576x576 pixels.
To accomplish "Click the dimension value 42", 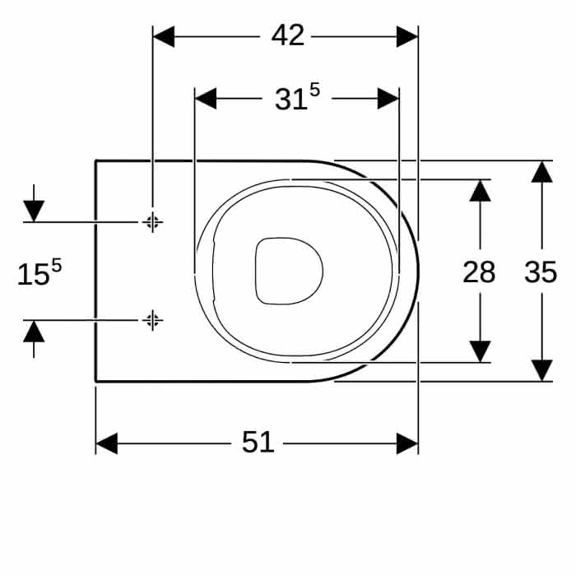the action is coord(288,35).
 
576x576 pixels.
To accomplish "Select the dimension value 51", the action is coord(258,442).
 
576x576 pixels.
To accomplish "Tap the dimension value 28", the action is coord(479,272).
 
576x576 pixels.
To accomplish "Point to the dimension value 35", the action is coord(541,272).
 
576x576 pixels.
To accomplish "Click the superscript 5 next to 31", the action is coord(315,90).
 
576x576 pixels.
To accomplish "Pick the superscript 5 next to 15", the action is coord(56,265).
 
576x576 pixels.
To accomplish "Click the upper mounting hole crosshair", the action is coord(152,222).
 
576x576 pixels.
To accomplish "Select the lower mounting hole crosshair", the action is coord(152,320).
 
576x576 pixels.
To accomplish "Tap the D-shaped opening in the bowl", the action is coord(289,271).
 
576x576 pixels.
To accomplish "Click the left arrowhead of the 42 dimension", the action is coord(164,37).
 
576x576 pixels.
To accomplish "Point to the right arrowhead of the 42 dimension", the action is coord(407,37).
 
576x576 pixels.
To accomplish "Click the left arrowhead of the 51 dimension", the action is coord(106,444).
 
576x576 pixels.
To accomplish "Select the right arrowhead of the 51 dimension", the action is coord(407,444).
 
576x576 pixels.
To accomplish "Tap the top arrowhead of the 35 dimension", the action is coord(541,171).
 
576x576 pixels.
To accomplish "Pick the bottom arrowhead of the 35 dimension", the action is coord(541,370).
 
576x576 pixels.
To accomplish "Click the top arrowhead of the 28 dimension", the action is coord(480,191).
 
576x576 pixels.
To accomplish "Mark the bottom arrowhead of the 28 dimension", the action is coord(480,351).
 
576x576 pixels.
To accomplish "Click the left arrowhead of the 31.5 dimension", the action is coord(206,99).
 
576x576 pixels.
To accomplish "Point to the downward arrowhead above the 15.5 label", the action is coord(34,211).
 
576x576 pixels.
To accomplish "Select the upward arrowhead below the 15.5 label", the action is coord(34,332).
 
